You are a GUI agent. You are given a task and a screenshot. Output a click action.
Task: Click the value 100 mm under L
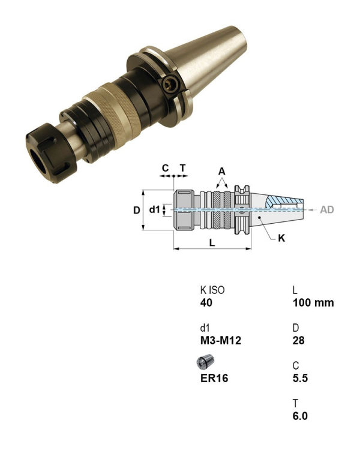coord(313,302)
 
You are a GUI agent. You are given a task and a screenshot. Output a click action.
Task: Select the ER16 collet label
coord(214,378)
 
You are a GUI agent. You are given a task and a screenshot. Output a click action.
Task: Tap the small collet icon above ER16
coord(205,362)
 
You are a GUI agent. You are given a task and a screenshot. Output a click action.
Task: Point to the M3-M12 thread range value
coord(221,341)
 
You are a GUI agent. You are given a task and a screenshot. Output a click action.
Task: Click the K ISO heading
coord(212,290)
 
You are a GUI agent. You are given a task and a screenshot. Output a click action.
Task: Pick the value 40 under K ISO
coord(206,302)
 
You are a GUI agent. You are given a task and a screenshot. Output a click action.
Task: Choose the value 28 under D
coord(299,341)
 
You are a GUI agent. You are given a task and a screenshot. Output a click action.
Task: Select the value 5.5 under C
coord(300,378)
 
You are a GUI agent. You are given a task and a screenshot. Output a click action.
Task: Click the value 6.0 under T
coord(300,416)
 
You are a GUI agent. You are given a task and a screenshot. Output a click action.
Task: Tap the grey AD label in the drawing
coord(327,210)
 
